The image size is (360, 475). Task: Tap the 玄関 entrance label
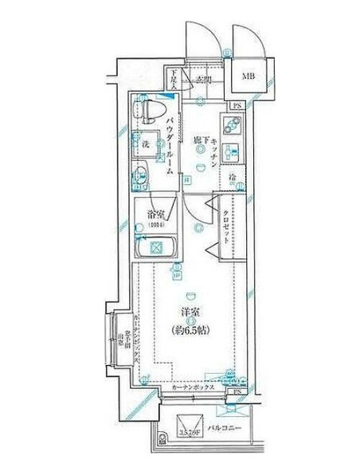(202, 80)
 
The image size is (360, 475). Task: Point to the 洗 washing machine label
(146, 145)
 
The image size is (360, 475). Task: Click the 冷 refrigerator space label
(233, 176)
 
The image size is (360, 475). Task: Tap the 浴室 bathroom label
(155, 214)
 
